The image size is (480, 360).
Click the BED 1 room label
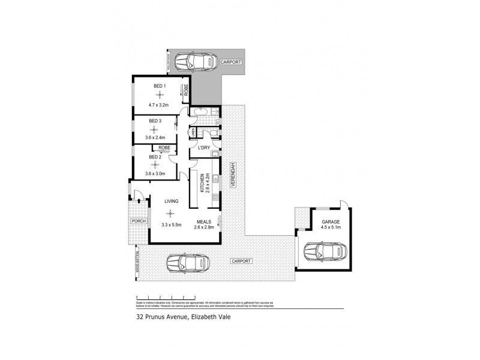point(160,87)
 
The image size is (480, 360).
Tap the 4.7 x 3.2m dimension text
point(160,106)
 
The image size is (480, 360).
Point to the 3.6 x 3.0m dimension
point(155,174)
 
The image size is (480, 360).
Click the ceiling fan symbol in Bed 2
point(155,164)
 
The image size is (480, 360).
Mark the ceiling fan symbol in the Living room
point(172,212)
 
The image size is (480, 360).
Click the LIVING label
point(172,202)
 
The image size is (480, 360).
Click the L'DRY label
point(204,148)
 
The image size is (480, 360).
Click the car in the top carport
point(199,61)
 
